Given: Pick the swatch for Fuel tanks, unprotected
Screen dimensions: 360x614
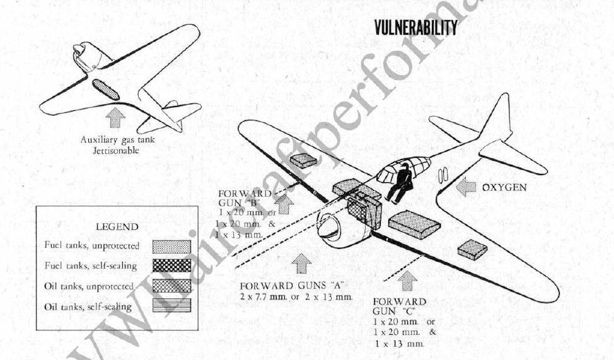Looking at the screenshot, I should (x=171, y=246).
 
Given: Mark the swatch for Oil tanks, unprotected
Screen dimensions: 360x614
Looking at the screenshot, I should (x=171, y=286).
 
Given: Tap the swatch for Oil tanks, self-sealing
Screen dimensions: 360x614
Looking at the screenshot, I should (x=171, y=307).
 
